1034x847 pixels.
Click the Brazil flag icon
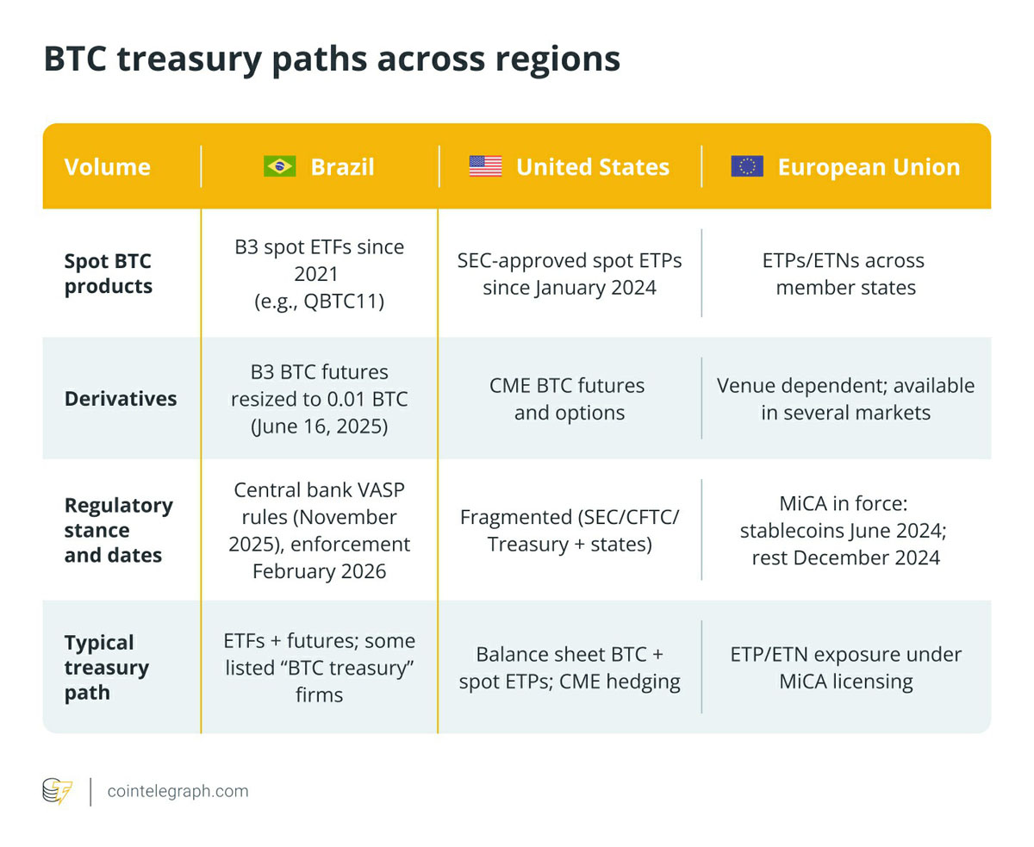coord(279,166)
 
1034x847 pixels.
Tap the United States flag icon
coord(485,166)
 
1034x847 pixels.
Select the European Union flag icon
coord(747,166)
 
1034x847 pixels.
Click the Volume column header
coord(108,166)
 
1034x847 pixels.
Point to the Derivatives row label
coord(121,398)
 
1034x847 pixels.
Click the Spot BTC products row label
coord(109,274)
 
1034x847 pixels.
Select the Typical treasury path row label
coord(106,668)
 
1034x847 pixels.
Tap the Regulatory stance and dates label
coord(119,530)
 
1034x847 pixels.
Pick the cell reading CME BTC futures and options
coord(568,399)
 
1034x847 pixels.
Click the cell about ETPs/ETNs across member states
coord(844,274)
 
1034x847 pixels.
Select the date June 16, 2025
coord(319,426)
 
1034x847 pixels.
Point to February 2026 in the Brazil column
coord(319,571)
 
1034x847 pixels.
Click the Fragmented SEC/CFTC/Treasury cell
coord(570,531)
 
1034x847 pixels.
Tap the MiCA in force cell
coord(844,531)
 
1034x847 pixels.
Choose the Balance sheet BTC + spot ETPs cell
coord(570,668)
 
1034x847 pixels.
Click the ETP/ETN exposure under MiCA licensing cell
coord(846,668)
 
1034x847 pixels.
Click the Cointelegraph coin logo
coord(58,791)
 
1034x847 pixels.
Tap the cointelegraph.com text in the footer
coord(178,791)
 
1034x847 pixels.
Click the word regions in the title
coord(558,59)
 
